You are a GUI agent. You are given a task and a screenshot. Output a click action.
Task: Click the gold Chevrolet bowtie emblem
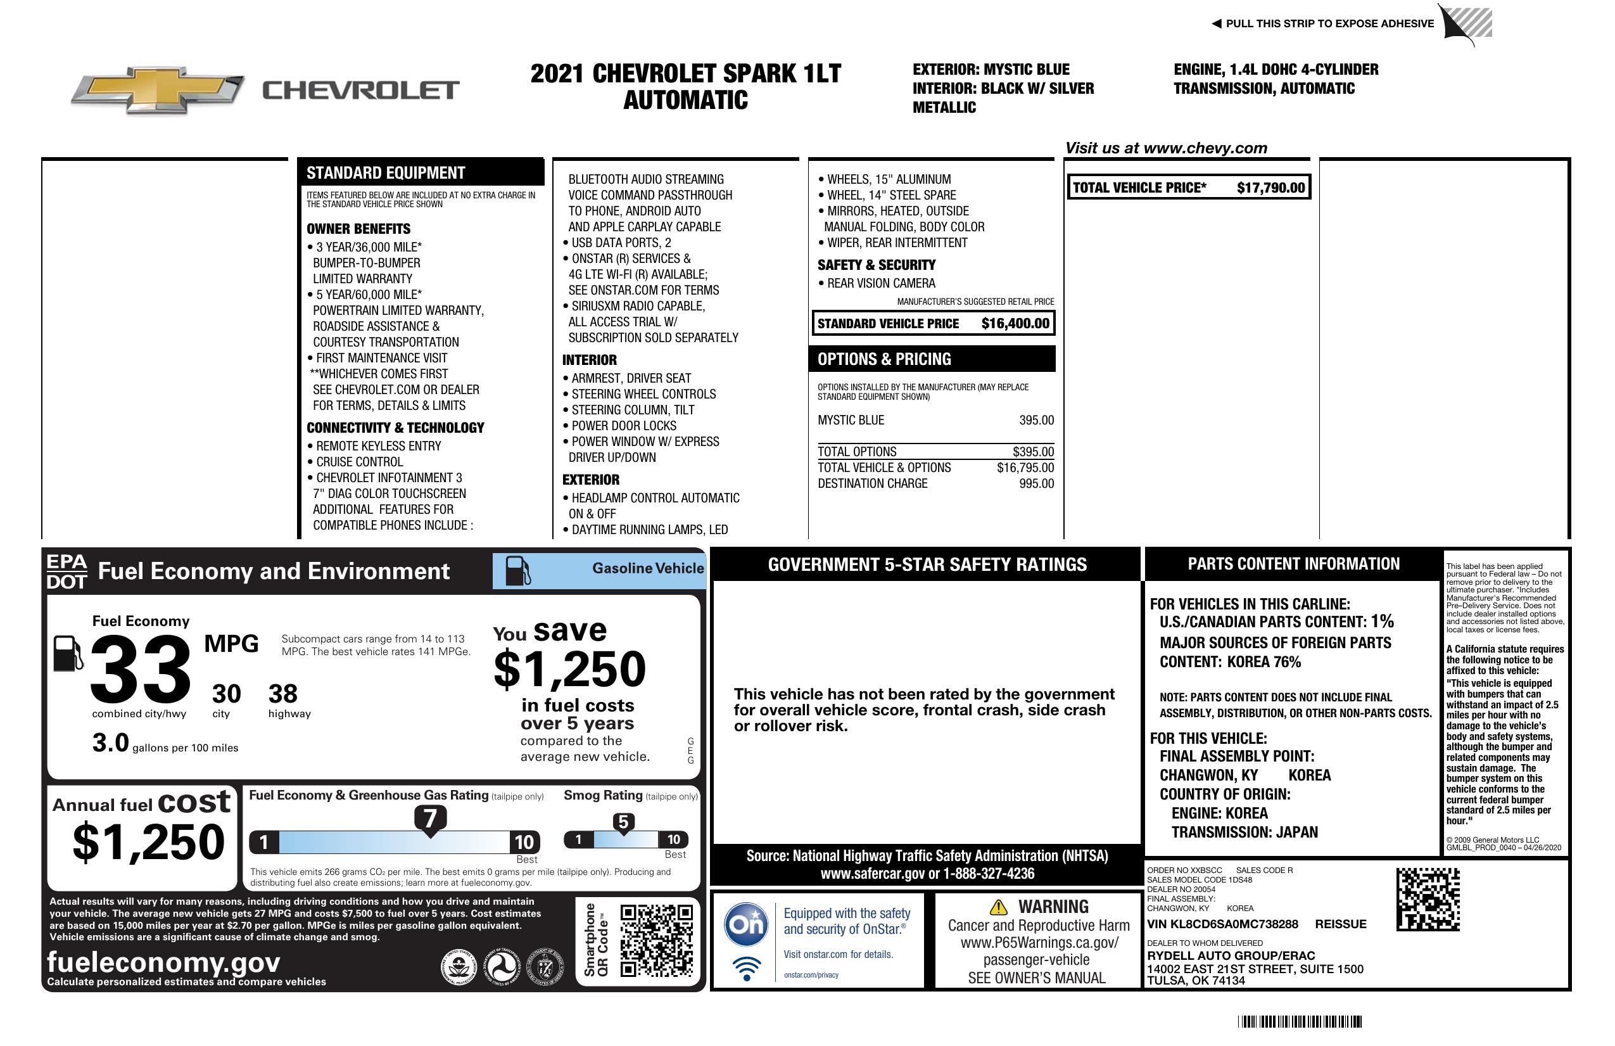[x=157, y=89]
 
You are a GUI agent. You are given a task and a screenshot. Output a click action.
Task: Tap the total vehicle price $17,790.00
[x=1270, y=188]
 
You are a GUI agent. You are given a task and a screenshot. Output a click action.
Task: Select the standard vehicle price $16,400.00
[x=1015, y=324]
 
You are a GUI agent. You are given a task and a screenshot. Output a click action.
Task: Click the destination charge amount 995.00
[x=1036, y=484]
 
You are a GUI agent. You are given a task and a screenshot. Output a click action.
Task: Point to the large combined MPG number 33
[x=141, y=669]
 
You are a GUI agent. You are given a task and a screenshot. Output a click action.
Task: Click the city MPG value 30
[x=226, y=694]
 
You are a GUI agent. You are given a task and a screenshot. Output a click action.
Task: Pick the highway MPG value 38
[x=283, y=694]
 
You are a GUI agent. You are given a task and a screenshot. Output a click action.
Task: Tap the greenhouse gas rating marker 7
[x=430, y=819]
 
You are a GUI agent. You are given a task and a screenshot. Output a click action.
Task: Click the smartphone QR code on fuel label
[x=656, y=940]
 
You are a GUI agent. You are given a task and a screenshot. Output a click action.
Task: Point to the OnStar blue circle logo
[x=746, y=924]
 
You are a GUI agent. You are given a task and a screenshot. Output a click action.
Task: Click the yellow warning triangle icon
[x=998, y=907]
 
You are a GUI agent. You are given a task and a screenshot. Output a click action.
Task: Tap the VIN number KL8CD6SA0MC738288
[x=1222, y=924]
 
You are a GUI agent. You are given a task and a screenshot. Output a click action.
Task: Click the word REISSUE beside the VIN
[x=1340, y=924]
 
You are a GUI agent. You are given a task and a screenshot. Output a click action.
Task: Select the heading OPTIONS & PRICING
[x=883, y=359]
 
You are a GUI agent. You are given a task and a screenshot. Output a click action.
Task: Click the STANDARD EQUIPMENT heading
[x=386, y=173]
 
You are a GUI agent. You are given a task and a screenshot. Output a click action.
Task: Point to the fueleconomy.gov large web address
[x=163, y=962]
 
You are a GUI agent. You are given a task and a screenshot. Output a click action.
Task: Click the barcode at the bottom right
[x=1299, y=1021]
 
